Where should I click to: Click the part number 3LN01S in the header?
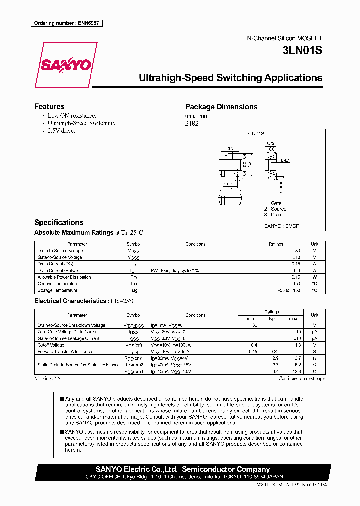(304, 51)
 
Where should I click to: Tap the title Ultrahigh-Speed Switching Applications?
(230, 78)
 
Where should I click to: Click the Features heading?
(49, 106)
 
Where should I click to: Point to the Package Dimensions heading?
(221, 107)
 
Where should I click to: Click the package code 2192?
(192, 123)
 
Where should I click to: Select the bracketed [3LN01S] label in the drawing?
(255, 134)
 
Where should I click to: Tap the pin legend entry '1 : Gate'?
(273, 203)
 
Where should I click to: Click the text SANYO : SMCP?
(282, 226)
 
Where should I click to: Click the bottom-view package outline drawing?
(231, 201)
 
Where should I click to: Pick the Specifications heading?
(59, 222)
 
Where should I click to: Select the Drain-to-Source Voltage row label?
(60, 251)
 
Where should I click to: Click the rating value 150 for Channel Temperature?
(296, 284)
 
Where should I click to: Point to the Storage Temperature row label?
(58, 290)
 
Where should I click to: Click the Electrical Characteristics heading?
(69, 301)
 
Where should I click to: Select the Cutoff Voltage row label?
(51, 345)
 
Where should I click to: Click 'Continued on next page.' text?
(302, 379)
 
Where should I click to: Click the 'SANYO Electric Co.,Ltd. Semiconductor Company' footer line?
(183, 469)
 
